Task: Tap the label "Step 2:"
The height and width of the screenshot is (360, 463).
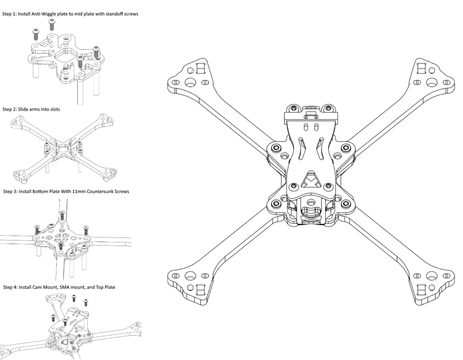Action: click(x=10, y=109)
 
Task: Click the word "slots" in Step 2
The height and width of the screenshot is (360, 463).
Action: click(x=54, y=109)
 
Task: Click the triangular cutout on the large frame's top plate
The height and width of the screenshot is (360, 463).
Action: click(x=311, y=179)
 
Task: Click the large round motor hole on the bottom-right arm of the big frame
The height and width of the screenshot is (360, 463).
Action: click(x=431, y=276)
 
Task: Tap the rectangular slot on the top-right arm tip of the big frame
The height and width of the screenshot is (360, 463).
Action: click(x=421, y=68)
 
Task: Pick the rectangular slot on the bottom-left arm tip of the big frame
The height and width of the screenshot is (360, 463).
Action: click(x=200, y=290)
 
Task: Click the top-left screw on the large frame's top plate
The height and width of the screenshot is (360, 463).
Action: click(x=293, y=109)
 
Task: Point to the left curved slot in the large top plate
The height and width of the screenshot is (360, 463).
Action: click(x=302, y=148)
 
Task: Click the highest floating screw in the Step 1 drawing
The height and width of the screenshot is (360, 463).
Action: click(x=52, y=25)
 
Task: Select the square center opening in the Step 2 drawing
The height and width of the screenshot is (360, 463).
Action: click(x=63, y=147)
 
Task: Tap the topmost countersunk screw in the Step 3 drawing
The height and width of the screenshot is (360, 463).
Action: click(x=62, y=215)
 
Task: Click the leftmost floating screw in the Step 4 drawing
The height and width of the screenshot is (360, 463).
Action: click(x=53, y=318)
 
